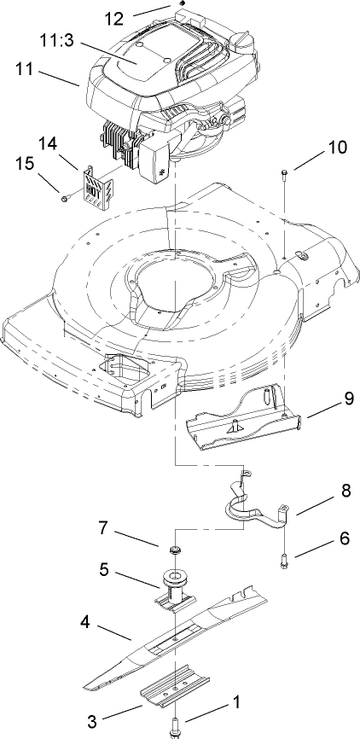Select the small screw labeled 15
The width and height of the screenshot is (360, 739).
pyautogui.click(x=65, y=199)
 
